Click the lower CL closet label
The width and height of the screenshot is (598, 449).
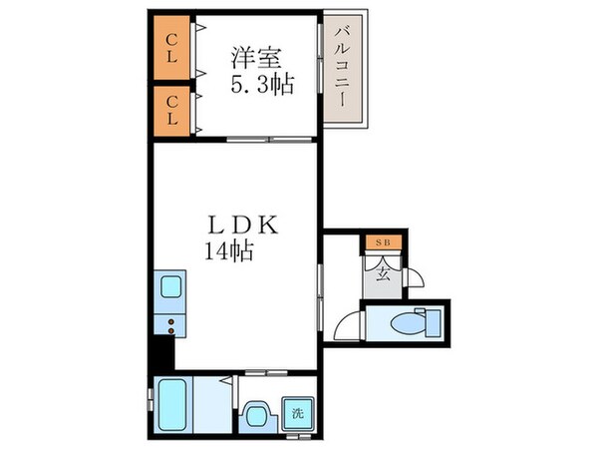click(171, 110)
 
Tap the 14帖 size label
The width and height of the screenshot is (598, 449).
click(230, 251)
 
